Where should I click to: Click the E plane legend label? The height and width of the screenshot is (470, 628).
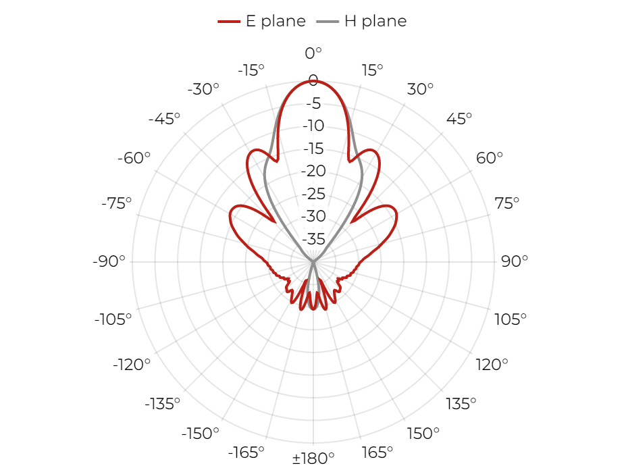276,21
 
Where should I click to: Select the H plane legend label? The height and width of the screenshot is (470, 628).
375,21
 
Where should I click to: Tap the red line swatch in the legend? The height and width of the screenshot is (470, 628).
229,21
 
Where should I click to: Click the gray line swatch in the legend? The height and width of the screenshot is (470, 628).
328,21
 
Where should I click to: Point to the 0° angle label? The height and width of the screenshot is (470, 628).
313,53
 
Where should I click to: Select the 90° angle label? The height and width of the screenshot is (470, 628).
515,261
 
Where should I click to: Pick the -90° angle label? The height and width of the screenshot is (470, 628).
109,261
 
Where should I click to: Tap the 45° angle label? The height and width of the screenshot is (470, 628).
459,119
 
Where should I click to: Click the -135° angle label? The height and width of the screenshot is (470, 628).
163,404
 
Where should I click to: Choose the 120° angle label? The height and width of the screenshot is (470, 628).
492,365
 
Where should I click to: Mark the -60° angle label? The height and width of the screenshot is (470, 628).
134,158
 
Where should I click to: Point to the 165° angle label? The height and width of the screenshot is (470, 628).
377,452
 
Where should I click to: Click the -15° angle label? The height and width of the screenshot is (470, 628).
251,70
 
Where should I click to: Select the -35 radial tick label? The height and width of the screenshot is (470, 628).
313,239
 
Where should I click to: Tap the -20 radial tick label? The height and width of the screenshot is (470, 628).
313,171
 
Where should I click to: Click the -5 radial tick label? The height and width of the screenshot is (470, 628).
313,103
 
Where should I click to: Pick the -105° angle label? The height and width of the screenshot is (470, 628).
113,319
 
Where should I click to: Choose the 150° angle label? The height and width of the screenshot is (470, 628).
423,433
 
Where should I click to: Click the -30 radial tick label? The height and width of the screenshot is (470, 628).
313,216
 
